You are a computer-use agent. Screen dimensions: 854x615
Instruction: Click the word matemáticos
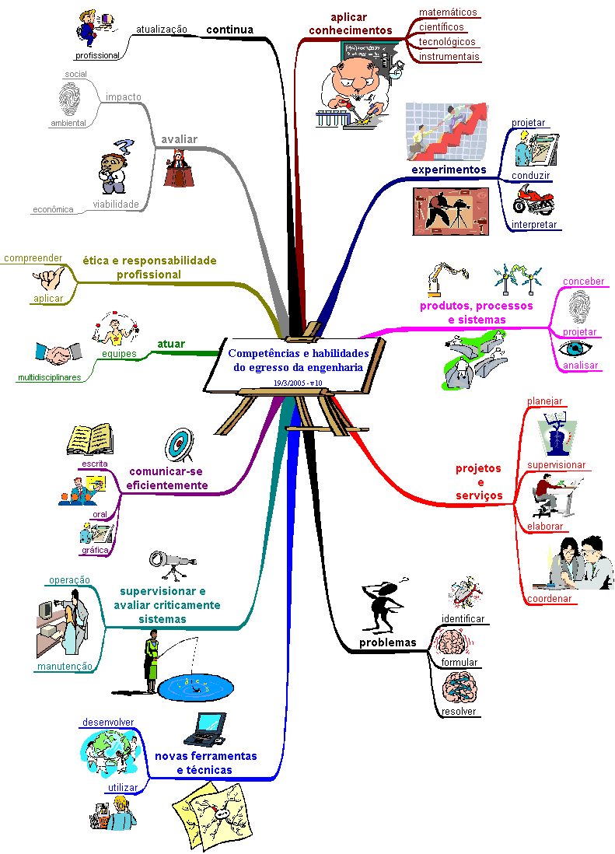click(x=448, y=12)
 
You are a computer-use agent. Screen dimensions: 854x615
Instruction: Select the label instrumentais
click(x=449, y=57)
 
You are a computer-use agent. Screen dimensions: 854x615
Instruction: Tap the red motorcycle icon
click(x=533, y=199)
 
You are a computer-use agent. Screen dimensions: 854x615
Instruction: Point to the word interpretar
click(x=534, y=225)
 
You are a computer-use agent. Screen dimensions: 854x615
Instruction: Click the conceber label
click(x=583, y=282)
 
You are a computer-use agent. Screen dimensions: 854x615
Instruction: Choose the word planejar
click(x=544, y=401)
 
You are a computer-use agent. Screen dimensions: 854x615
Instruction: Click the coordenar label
click(x=549, y=599)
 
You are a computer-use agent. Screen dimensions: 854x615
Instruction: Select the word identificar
click(x=463, y=619)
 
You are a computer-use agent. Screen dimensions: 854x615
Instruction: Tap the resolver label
click(x=459, y=712)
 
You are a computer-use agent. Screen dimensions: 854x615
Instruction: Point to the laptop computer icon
click(x=204, y=728)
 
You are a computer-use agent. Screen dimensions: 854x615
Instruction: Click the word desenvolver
click(x=108, y=722)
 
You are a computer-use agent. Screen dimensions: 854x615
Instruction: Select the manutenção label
click(x=64, y=666)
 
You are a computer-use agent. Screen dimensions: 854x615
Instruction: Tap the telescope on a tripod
click(x=172, y=563)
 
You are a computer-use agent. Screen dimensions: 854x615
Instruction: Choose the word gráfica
click(x=94, y=550)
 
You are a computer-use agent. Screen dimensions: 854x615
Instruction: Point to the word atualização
click(x=162, y=30)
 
